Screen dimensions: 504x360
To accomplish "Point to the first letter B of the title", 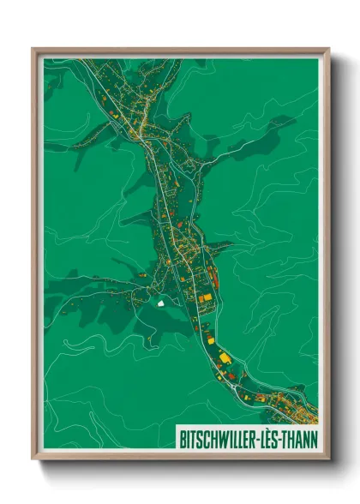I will point(183,438).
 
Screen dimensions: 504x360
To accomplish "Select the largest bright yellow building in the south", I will point(225,357).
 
